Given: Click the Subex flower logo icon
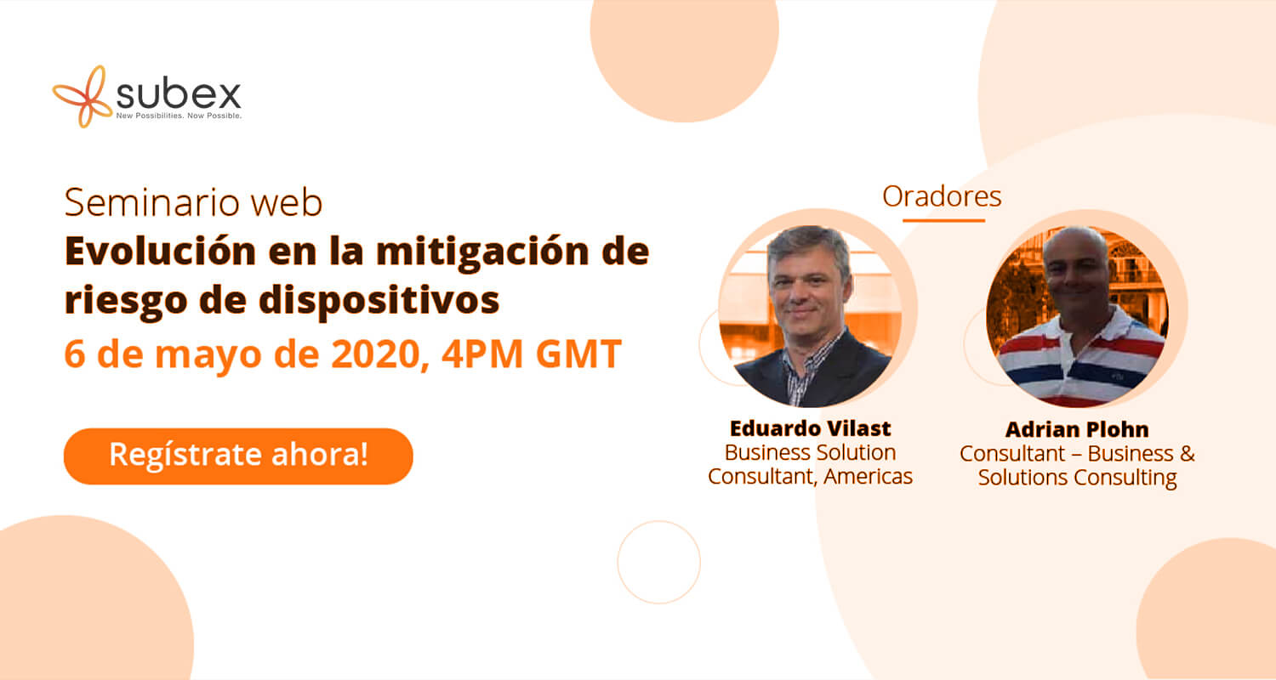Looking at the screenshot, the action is coord(83,96).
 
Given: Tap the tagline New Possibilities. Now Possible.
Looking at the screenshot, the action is coord(179,116).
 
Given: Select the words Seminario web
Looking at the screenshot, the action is coord(194,202).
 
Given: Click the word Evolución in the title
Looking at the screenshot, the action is coord(160,251).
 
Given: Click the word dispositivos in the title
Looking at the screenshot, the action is coord(379,300).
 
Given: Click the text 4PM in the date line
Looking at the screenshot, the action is coord(482,354).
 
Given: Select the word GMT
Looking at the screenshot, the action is coord(578,354).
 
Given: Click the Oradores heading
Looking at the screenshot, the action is coord(942,196).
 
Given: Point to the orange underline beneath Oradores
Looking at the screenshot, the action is coord(944,220).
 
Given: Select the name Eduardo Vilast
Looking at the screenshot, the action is coord(810,428).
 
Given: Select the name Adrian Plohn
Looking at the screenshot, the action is coord(1077,429).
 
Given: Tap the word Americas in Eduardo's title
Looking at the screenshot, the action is coord(868,476).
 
